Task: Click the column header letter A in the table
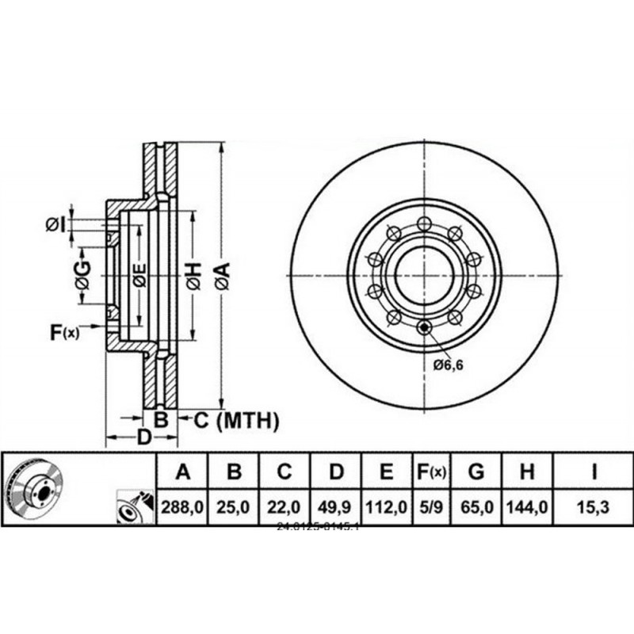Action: (x=183, y=473)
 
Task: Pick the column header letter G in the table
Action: (x=475, y=473)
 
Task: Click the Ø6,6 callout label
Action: (x=449, y=365)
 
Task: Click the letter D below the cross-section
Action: (x=143, y=437)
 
